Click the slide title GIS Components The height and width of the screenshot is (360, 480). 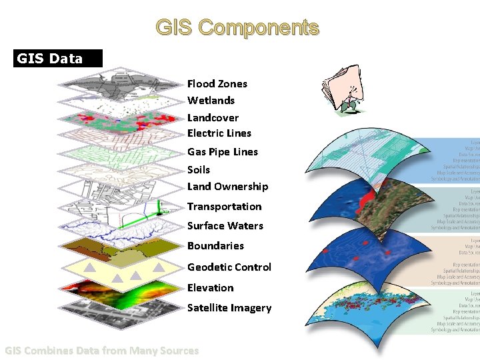pos(237,27)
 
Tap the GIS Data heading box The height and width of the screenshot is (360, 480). pos(59,59)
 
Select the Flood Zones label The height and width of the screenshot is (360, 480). pos(217,83)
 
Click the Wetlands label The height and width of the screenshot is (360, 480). pos(211,101)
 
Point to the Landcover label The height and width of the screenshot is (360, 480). pos(213,117)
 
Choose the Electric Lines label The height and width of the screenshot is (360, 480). pos(219,133)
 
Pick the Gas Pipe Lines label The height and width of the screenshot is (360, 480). pos(222,152)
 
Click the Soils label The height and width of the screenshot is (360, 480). pos(199,169)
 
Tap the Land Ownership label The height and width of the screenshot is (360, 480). pos(227,187)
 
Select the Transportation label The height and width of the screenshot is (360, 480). pos(224,207)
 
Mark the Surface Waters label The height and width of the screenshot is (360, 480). pos(225,226)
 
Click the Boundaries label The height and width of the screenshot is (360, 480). pos(215,246)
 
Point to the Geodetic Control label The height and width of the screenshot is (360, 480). pos(229,267)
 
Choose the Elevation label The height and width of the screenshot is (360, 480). pos(210,288)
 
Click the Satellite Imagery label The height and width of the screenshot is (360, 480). pos(229,308)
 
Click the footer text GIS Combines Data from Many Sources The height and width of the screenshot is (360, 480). pos(101,351)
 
